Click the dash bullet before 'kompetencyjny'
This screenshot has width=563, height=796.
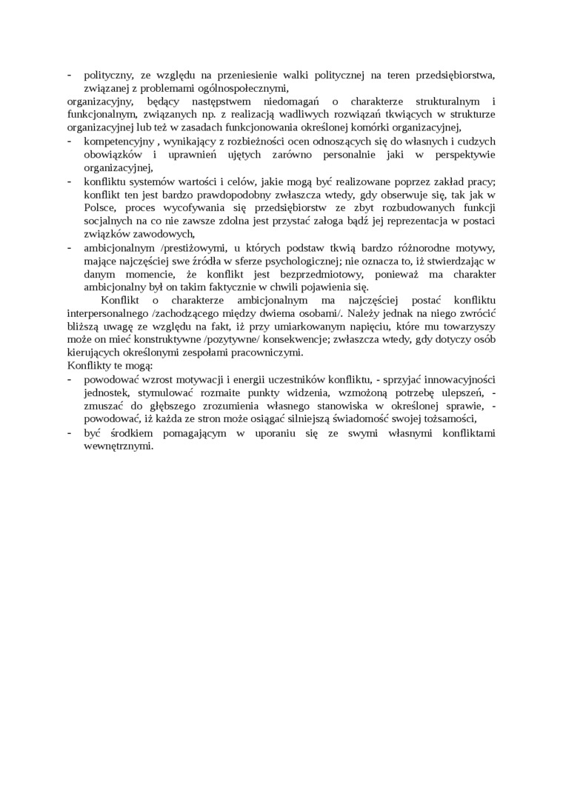70,141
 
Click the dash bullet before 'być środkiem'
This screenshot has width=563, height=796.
70,434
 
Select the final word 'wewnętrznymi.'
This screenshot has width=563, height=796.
119,447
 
